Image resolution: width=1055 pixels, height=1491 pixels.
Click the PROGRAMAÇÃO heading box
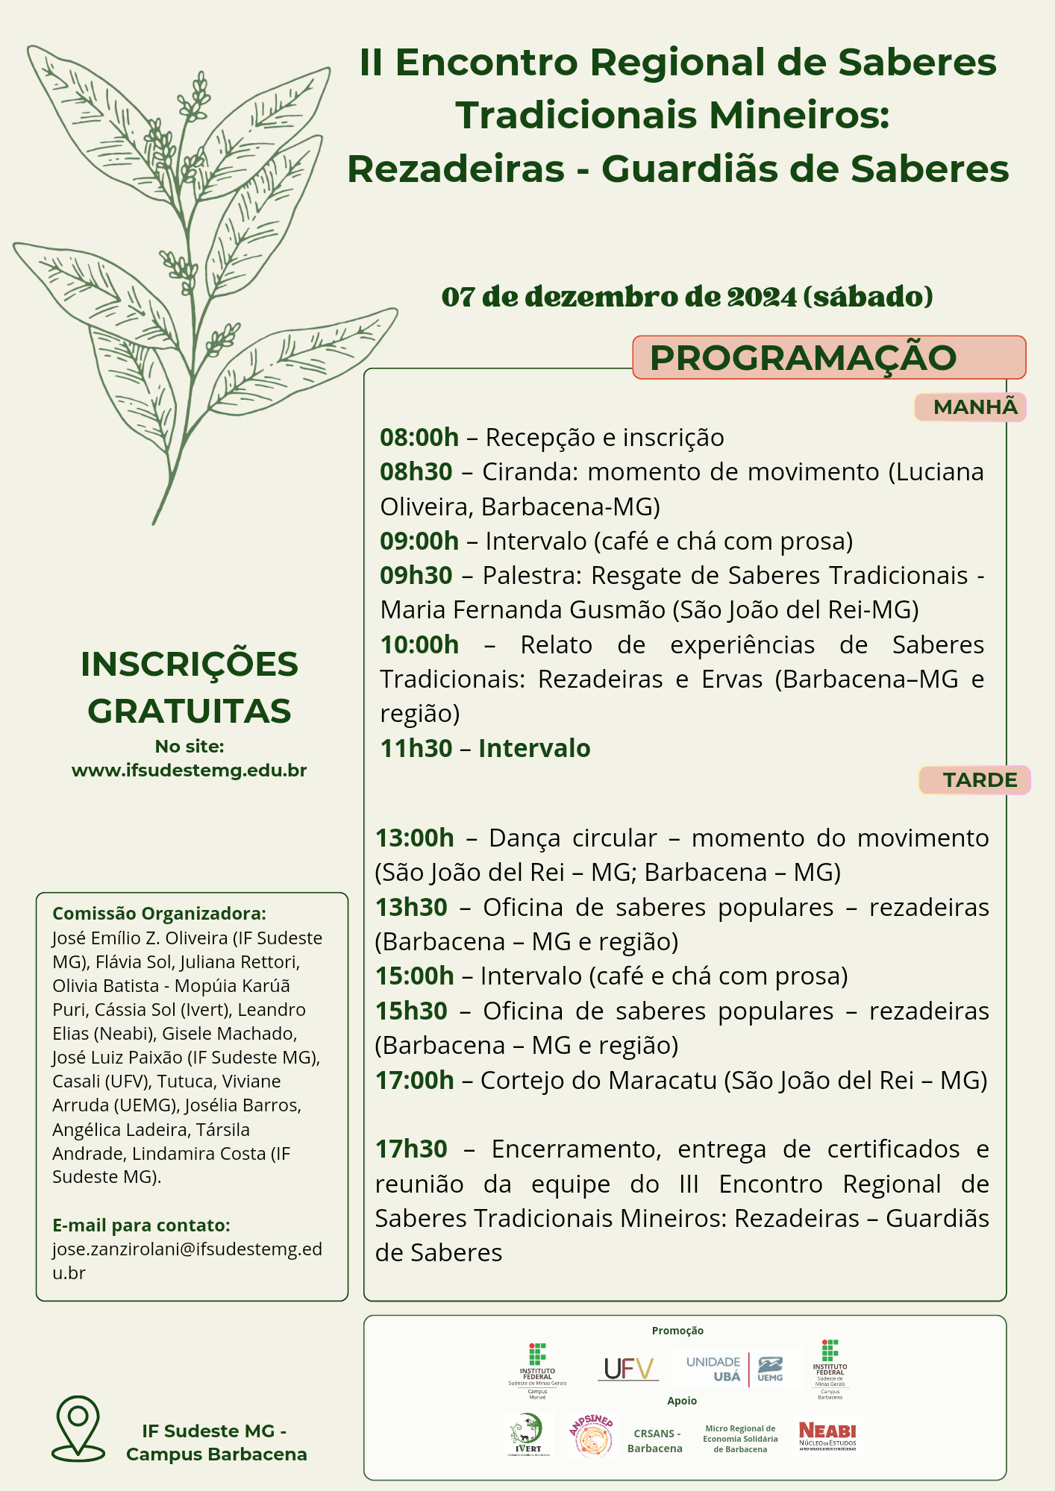pyautogui.click(x=828, y=357)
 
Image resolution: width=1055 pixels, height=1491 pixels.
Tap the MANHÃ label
pyautogui.click(x=971, y=407)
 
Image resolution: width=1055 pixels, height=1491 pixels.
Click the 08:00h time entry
pyautogui.click(x=419, y=437)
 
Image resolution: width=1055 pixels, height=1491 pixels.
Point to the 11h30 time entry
pyautogui.click(x=416, y=748)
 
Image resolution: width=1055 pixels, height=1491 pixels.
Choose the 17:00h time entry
pyautogui.click(x=414, y=1080)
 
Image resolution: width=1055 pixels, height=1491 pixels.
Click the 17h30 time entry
pyautogui.click(x=411, y=1149)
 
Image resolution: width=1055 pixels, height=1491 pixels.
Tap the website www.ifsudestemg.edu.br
pyautogui.click(x=190, y=770)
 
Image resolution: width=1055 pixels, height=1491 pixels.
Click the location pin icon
pyautogui.click(x=78, y=1428)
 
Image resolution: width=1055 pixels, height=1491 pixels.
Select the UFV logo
pyautogui.click(x=628, y=1369)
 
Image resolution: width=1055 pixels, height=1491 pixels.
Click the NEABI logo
pyautogui.click(x=827, y=1436)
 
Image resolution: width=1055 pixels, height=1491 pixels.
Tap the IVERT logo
pyautogui.click(x=528, y=1435)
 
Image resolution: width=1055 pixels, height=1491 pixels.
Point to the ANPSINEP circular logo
pyautogui.click(x=593, y=1435)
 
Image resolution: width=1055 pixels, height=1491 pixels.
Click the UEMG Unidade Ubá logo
pyautogui.click(x=734, y=1369)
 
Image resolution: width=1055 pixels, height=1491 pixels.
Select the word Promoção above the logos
pyautogui.click(x=677, y=1331)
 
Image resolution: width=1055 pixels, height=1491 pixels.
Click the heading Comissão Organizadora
pyautogui.click(x=159, y=914)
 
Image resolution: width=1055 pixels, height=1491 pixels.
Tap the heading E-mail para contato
pyautogui.click(x=141, y=1225)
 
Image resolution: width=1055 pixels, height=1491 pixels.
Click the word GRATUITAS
pyautogui.click(x=190, y=711)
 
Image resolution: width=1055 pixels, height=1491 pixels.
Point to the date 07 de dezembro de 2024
pyautogui.click(x=619, y=297)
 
